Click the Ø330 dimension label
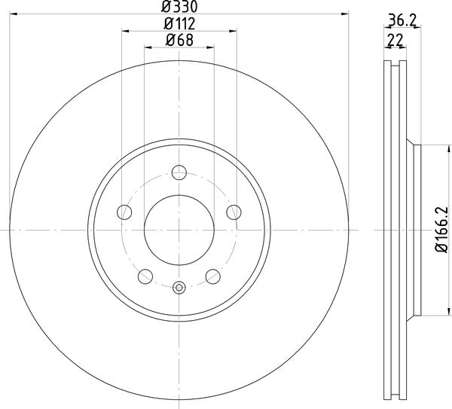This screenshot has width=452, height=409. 179,7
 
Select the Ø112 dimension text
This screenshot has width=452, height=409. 179,23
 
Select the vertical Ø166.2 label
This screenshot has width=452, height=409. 444,230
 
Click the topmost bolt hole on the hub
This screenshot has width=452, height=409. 179,173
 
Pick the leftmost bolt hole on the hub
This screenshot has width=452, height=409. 124,212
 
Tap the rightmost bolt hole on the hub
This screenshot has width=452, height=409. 234,212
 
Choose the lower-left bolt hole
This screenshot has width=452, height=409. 145,276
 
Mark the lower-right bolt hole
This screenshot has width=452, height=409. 212,276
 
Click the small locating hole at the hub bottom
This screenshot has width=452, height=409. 179,287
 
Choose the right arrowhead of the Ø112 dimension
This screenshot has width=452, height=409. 233,31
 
